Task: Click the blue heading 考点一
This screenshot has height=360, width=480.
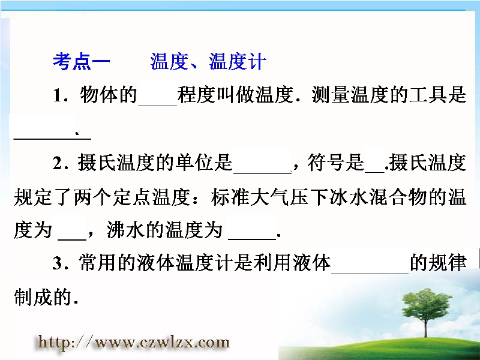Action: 81,62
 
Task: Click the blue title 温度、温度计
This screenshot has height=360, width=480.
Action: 208,62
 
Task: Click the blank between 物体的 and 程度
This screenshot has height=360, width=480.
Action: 158,106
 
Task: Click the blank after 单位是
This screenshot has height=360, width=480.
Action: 262,173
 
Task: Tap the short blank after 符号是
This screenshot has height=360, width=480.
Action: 374,172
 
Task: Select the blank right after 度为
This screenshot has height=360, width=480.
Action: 72,239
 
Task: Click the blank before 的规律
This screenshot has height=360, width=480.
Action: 370,273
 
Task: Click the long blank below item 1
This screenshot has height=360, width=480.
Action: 52,139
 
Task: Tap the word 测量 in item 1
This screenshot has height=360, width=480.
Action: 331,95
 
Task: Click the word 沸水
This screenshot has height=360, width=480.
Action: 125,230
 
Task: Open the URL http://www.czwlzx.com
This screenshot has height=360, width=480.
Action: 134,342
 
